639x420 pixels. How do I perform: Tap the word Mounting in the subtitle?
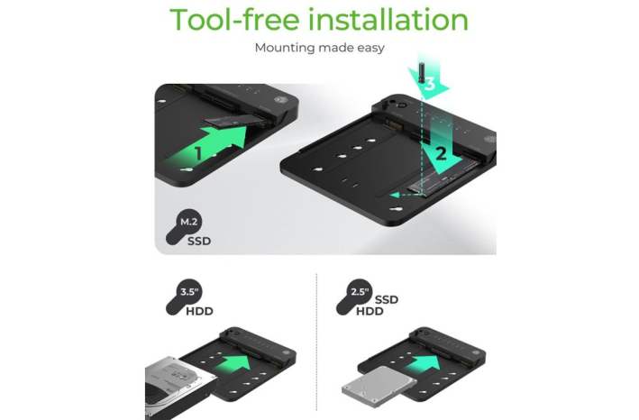285,48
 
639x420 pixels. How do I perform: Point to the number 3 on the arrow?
430,85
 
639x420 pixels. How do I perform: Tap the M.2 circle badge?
188,222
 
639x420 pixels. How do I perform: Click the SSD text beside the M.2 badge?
199,242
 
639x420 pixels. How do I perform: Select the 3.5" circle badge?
188,292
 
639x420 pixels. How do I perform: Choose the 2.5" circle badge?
360,292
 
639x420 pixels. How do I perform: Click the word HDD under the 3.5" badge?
200,312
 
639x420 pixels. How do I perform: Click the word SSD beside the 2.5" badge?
387,300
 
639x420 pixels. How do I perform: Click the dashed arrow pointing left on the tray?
406,196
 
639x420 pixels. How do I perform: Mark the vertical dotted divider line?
316,342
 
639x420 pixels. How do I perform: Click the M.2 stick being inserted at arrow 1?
235,121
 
